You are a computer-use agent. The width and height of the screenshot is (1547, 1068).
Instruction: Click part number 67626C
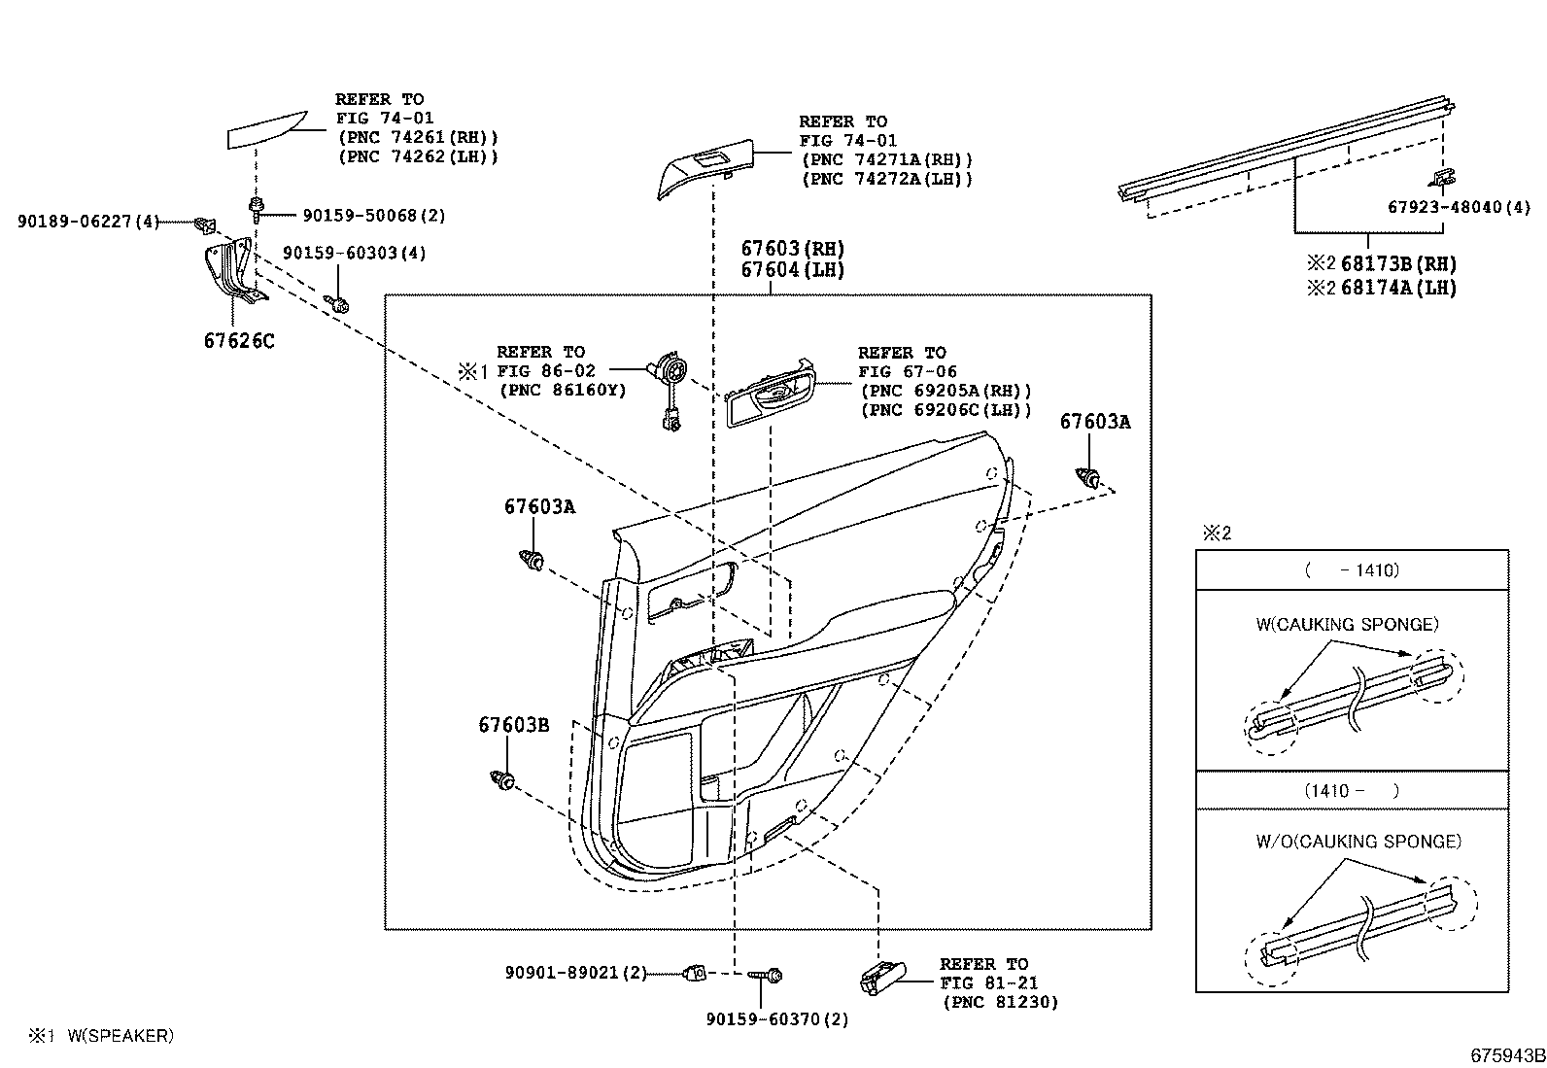[239, 341]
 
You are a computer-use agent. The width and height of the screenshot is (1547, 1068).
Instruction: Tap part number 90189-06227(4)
[87, 222]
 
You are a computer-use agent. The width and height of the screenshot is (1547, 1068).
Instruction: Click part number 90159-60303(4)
[354, 254]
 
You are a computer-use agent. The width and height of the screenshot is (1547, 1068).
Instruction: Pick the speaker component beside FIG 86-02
[670, 373]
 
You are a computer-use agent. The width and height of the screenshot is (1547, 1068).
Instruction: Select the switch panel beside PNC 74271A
[704, 171]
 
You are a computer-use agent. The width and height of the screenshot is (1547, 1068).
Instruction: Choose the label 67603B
[513, 725]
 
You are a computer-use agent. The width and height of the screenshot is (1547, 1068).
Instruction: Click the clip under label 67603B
[502, 778]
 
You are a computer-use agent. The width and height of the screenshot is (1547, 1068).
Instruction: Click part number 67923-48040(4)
[1458, 207]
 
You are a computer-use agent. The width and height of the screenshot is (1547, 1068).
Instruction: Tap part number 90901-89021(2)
[575, 973]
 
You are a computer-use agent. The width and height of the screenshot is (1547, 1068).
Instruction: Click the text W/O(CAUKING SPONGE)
[1358, 842]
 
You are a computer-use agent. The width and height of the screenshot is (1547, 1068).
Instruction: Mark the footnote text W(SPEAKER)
[120, 1036]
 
